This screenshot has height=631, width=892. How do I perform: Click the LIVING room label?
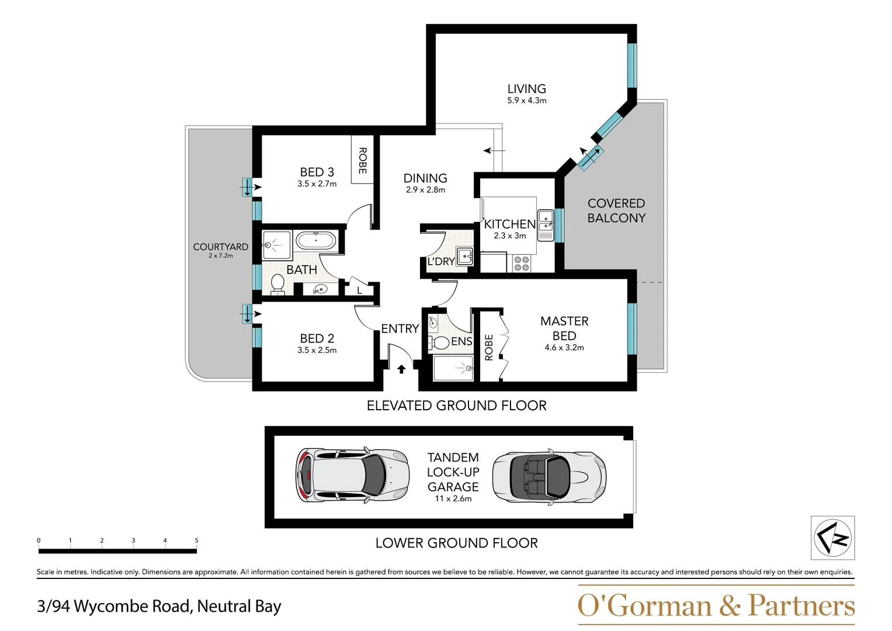[x=526, y=89]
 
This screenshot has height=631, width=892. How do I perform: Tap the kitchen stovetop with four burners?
[x=522, y=264]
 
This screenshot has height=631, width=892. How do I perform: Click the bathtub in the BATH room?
[x=316, y=241]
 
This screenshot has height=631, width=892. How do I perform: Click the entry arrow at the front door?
[x=401, y=369]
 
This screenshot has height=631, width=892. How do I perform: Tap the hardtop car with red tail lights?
[x=352, y=474]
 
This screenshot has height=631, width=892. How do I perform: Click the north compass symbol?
[x=832, y=538]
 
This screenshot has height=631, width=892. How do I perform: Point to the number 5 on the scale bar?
[x=196, y=540]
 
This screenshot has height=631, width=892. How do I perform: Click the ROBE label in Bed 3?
[x=362, y=160]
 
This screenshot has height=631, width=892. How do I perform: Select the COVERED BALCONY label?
[x=616, y=210]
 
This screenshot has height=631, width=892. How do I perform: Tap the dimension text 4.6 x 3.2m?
[x=564, y=348]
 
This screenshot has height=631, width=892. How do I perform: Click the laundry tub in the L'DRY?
[x=465, y=256]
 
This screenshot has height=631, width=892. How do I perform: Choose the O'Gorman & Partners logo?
[x=716, y=605]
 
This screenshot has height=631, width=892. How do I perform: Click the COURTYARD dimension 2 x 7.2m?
[x=220, y=256]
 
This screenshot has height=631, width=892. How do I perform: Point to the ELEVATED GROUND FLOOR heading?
[x=456, y=405]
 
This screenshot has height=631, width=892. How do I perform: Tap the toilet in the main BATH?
[x=277, y=285]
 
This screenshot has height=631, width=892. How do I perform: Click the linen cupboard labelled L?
[x=359, y=290]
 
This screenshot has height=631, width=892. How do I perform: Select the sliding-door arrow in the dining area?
[x=494, y=151]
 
